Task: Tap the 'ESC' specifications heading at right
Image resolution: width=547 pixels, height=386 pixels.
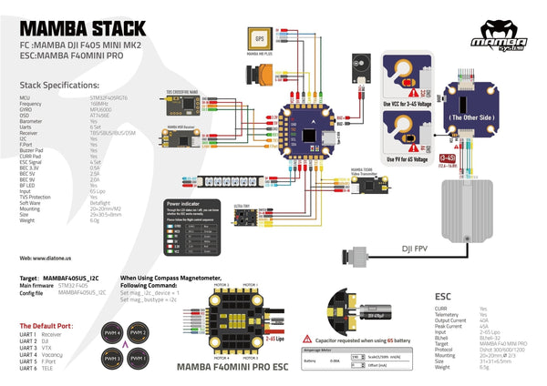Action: [445, 296]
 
